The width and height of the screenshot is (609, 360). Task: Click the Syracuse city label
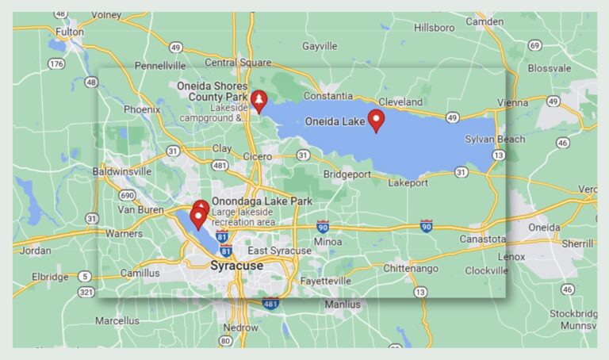(x=236, y=266)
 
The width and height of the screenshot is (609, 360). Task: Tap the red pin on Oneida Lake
(x=377, y=121)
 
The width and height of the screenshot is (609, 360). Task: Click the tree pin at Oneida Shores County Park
(x=259, y=101)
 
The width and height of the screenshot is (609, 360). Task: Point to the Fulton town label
(x=69, y=32)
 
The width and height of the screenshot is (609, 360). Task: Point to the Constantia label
(x=327, y=96)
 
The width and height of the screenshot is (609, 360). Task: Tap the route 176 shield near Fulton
(x=56, y=63)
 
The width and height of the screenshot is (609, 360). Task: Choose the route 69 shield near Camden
(x=534, y=45)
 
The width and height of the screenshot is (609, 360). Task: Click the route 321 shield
(x=86, y=293)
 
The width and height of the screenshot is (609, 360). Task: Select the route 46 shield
(x=562, y=143)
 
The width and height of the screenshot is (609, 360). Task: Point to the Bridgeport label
(x=348, y=174)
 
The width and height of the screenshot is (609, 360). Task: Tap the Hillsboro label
(x=435, y=27)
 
